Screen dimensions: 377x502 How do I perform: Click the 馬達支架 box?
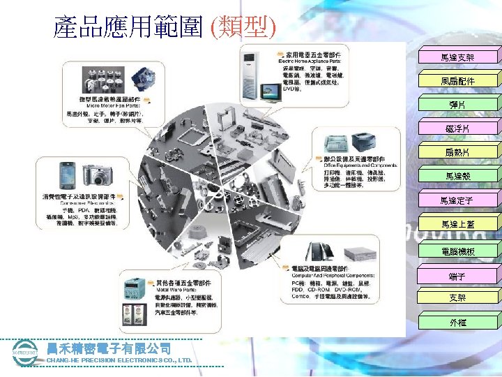pos(458,57)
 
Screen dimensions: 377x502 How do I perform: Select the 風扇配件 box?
pos(458,81)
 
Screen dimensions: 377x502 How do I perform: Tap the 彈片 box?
pos(458,105)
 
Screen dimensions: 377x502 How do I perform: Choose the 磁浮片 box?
pos(458,128)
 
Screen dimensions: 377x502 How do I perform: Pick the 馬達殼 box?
pos(458,177)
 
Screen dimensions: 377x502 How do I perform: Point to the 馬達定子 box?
pos(458,200)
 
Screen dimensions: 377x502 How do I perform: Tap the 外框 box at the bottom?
pos(458,323)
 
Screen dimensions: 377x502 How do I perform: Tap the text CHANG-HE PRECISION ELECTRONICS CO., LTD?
pos(119,360)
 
